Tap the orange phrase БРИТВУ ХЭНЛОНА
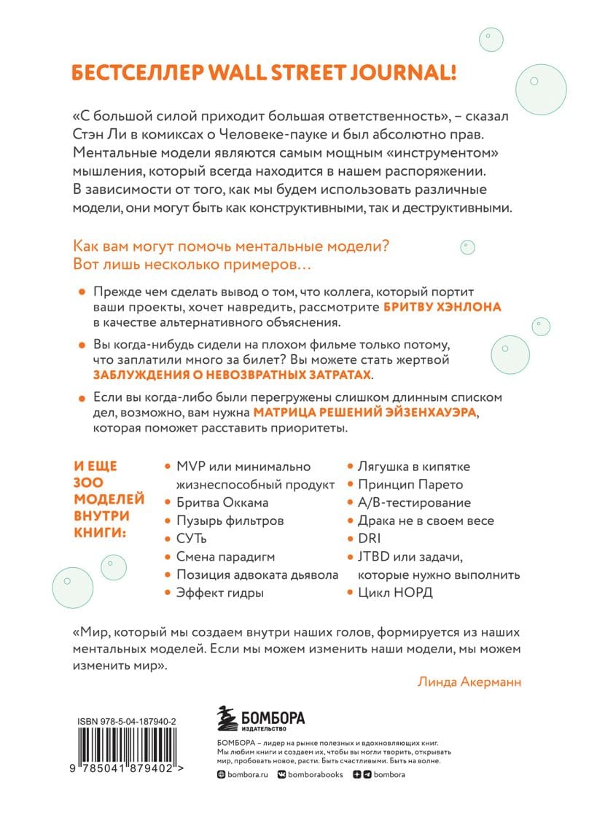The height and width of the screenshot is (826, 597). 442,308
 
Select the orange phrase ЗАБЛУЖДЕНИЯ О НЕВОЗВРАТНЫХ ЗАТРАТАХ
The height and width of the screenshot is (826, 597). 233,375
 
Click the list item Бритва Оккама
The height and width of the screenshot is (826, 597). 222,502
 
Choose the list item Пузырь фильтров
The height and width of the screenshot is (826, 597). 230,521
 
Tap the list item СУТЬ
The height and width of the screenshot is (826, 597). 192,539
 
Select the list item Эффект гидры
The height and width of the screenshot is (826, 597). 220,593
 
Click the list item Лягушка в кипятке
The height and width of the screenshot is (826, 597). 413,467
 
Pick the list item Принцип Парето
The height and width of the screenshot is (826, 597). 410,485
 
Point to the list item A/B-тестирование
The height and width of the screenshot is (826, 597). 414,502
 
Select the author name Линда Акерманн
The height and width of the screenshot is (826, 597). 471,682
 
